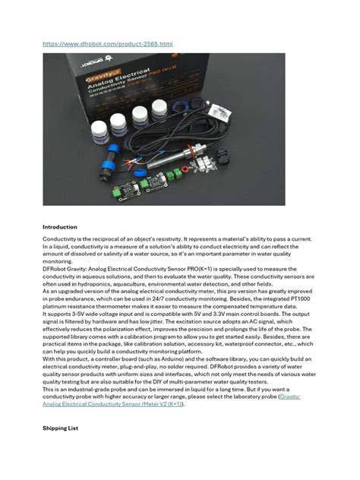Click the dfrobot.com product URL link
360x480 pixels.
tap(107, 44)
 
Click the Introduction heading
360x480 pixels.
tap(61, 226)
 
